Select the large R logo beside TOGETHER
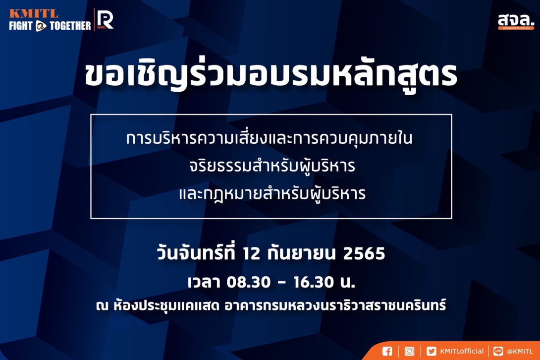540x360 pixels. click(105, 20)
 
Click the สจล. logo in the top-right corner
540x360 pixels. click(516, 21)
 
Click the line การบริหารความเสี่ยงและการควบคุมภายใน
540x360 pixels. click(270, 139)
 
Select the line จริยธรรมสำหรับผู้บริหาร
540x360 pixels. click(270, 167)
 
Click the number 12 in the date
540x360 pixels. click(252, 254)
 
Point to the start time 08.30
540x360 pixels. click(249, 283)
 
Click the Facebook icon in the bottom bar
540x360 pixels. click(387, 351)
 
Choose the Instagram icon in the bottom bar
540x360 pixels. click(410, 351)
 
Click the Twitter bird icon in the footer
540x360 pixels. click(432, 351)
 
